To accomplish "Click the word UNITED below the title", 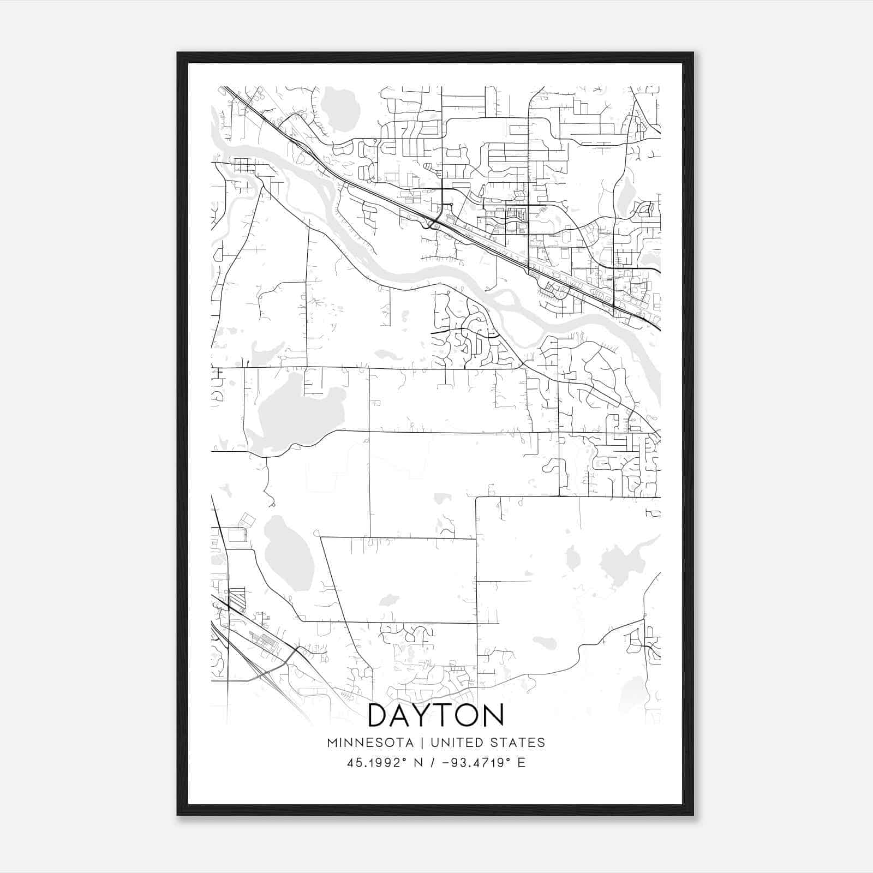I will coord(456,743).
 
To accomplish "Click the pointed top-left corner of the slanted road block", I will coord(321,538).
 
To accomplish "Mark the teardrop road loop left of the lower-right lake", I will coord(572,558).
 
